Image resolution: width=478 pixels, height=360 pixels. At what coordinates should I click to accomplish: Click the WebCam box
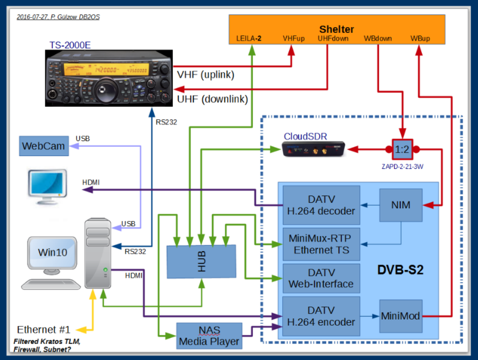43,146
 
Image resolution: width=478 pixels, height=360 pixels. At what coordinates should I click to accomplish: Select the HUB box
202,261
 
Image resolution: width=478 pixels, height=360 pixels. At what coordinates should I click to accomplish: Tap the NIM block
401,205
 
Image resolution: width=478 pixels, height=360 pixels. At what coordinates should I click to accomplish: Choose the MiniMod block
401,316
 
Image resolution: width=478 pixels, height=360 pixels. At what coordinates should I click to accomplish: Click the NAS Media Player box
209,335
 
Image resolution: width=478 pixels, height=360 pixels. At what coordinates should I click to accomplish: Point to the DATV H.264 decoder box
321,205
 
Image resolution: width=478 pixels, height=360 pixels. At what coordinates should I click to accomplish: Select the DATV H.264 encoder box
321,316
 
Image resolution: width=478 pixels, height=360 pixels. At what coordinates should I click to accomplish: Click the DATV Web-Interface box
321,279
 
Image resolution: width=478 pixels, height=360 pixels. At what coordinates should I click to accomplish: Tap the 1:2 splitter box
402,150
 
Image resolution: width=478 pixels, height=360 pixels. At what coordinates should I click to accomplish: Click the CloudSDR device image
313,150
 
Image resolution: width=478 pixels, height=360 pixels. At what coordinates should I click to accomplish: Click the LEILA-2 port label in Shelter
249,39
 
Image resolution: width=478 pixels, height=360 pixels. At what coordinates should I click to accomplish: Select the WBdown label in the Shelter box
377,39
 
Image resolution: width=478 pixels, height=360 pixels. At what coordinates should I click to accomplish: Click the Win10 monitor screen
53,252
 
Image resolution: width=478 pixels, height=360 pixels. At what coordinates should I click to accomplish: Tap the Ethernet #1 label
43,329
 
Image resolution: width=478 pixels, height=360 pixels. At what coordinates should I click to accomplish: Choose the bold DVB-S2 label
400,270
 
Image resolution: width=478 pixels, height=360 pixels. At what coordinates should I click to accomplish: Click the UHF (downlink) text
212,99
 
